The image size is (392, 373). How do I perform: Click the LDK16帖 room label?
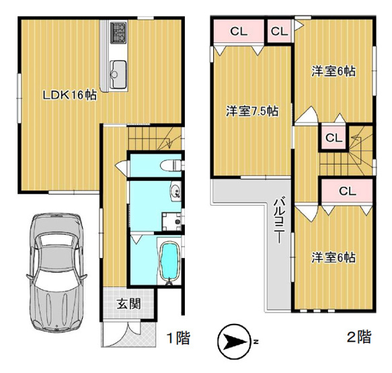[x=69, y=95]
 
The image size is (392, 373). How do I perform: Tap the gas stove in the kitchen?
[x=118, y=31]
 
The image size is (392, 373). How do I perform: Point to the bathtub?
[x=169, y=263]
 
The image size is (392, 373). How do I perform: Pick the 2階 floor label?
[x=358, y=337]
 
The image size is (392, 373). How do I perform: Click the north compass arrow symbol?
[x=235, y=342]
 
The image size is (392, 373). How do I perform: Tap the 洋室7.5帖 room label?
[x=251, y=111]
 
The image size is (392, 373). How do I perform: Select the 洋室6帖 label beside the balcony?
[x=333, y=257]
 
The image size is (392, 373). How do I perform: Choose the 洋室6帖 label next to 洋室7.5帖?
[x=333, y=71]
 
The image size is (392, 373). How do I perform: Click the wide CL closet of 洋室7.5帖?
[x=237, y=31]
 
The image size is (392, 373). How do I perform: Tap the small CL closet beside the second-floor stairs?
[x=332, y=137]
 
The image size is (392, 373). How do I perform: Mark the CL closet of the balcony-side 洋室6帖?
[x=346, y=191]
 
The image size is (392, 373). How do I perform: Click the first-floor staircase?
[x=151, y=139]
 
